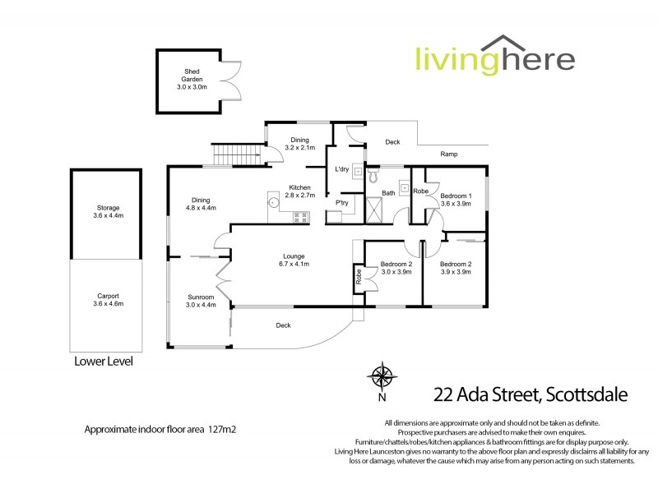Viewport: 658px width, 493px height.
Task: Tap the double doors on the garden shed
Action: pyautogui.click(x=233, y=82)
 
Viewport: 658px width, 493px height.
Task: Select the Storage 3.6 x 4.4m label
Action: pyautogui.click(x=108, y=211)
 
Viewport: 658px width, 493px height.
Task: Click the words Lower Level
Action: pyautogui.click(x=103, y=361)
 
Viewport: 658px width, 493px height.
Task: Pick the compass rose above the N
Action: pyautogui.click(x=382, y=376)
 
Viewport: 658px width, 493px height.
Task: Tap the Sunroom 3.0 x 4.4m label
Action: pyautogui.click(x=201, y=300)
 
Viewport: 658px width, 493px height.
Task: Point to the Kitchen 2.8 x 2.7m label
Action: pyautogui.click(x=299, y=191)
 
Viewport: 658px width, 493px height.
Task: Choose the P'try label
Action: pyautogui.click(x=341, y=203)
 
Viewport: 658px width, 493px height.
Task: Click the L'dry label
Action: pyautogui.click(x=342, y=169)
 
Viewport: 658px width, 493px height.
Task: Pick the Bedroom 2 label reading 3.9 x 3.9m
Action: pyautogui.click(x=456, y=267)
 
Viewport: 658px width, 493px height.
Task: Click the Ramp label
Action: pyautogui.click(x=448, y=154)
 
